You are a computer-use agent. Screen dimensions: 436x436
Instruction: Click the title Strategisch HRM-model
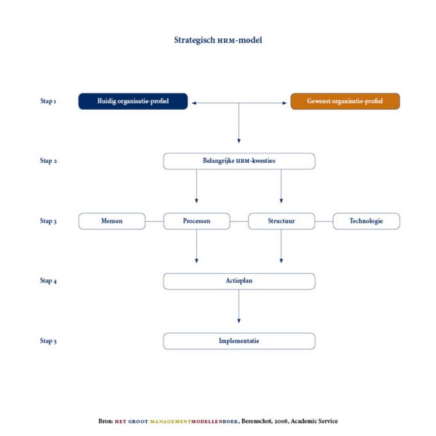(218, 40)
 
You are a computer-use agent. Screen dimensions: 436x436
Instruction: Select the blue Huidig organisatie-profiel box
(133, 102)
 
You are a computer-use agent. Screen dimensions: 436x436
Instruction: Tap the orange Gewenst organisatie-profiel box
(345, 102)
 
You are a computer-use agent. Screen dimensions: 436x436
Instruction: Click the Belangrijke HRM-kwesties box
(239, 161)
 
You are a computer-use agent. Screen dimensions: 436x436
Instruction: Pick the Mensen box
(112, 221)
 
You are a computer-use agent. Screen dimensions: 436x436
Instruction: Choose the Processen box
(197, 221)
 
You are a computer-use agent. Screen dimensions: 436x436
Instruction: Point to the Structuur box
(281, 221)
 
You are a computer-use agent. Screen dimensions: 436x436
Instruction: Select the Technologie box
(366, 221)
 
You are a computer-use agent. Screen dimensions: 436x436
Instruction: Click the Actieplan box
(239, 281)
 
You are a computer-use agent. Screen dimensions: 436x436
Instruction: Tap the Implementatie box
(239, 341)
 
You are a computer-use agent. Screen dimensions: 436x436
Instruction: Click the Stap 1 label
(48, 102)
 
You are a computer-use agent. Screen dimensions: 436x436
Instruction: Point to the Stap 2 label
(48, 161)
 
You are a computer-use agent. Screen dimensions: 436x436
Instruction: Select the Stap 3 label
(48, 221)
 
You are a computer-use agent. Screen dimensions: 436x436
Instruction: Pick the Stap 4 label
(48, 281)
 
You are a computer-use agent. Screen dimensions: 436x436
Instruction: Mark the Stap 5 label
(48, 341)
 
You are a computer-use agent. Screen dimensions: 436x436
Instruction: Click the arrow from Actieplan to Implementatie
(239, 311)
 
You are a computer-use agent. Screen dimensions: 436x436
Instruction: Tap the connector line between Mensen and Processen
(155, 221)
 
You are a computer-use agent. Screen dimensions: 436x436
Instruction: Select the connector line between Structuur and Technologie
(324, 221)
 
